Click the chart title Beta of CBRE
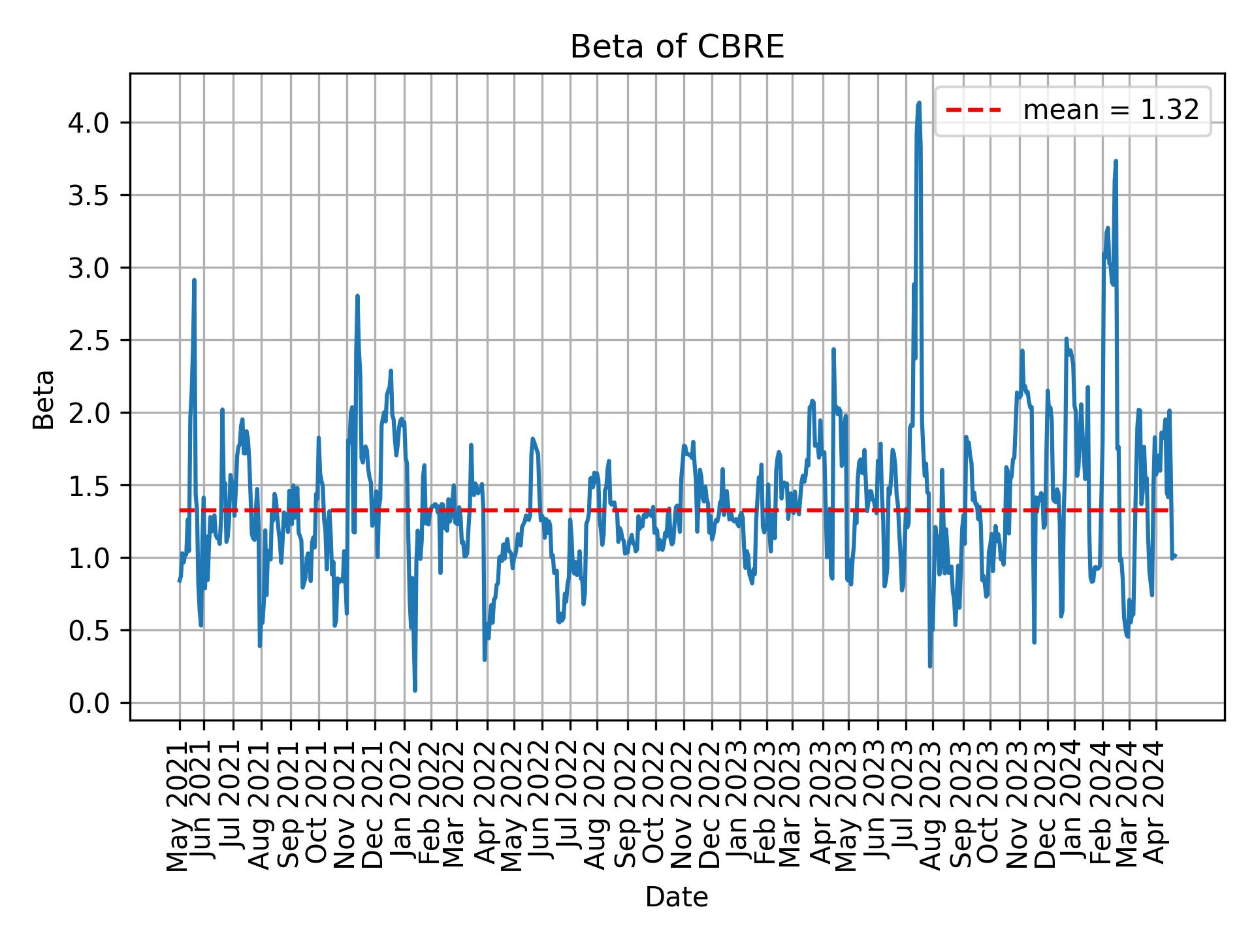click(x=677, y=48)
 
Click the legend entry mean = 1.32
click(x=1110, y=110)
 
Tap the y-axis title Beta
click(x=44, y=399)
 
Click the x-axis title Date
click(x=677, y=897)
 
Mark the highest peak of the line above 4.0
click(x=919, y=103)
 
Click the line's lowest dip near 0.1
click(x=415, y=690)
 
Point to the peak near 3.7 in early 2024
click(x=1116, y=161)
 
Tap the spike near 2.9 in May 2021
click(x=194, y=280)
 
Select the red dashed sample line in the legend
click(x=973, y=110)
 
